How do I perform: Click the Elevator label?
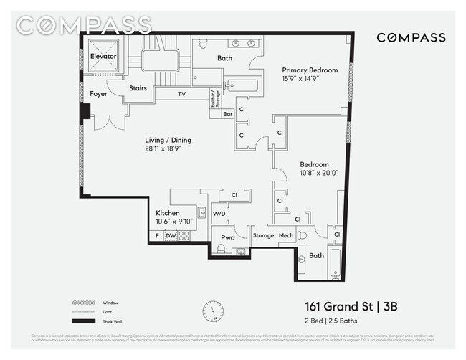[x=103, y=56]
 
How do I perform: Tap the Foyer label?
[x=99, y=95]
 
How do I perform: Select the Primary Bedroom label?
[x=310, y=70]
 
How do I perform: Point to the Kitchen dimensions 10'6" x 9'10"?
[x=175, y=222]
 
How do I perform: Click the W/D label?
[x=219, y=213]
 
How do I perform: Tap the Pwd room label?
[x=228, y=237]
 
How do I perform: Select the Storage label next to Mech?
[x=263, y=235]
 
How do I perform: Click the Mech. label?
[x=286, y=235]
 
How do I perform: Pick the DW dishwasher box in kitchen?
[x=171, y=235]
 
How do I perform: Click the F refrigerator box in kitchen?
[x=157, y=235]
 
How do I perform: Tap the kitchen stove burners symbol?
[x=184, y=235]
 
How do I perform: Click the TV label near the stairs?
[x=181, y=94]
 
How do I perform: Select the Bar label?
[x=228, y=114]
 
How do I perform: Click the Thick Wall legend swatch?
[x=84, y=322]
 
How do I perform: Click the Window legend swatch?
[x=84, y=302]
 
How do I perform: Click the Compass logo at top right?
[x=411, y=38]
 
